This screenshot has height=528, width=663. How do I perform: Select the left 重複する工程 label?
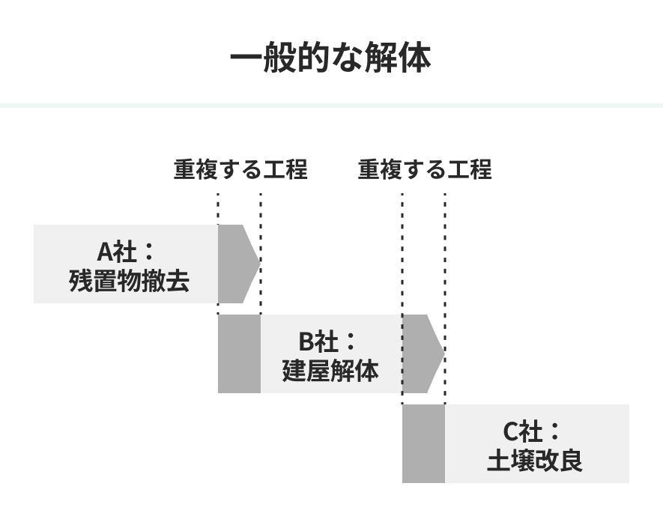click(240, 169)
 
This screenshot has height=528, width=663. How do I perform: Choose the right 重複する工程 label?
click(425, 169)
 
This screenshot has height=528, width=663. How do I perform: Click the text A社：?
click(126, 252)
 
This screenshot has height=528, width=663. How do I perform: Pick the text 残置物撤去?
click(129, 280)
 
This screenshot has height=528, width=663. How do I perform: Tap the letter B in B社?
click(306, 342)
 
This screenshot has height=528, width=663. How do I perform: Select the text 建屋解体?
click(330, 371)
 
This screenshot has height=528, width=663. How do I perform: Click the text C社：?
click(531, 431)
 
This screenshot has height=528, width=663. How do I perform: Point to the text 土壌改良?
click(535, 461)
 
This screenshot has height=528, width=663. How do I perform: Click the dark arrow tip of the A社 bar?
click(238, 264)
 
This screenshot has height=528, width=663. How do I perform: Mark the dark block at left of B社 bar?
click(239, 353)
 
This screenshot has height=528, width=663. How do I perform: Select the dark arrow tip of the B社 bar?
click(423, 353)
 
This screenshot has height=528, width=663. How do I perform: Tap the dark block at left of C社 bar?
click(423, 443)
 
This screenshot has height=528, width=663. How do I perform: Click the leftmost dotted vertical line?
click(218, 254)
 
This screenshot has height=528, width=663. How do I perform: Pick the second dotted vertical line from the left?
click(261, 254)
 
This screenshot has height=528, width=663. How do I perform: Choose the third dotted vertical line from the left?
click(402, 299)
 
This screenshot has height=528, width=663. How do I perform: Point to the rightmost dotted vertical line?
click(445, 299)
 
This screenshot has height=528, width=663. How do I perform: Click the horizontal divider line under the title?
click(331, 106)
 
